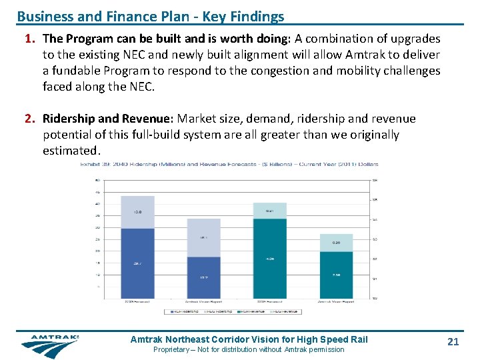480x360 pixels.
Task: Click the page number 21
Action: (453, 341)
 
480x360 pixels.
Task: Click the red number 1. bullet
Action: (30, 38)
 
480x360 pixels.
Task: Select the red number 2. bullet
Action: (30, 119)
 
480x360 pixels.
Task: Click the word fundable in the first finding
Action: (75, 71)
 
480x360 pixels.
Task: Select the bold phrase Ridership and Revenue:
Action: (108, 119)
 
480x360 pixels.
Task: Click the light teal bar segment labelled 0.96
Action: (336, 243)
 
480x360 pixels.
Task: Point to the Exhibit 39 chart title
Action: (229, 164)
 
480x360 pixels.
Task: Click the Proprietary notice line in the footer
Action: (249, 349)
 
